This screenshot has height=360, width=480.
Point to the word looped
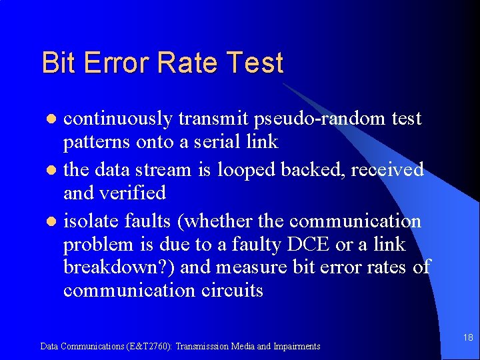click(245, 170)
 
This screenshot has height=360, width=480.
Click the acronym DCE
click(308, 245)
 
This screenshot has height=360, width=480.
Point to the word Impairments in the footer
click(295, 346)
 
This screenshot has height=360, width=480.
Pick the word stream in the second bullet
click(165, 170)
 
